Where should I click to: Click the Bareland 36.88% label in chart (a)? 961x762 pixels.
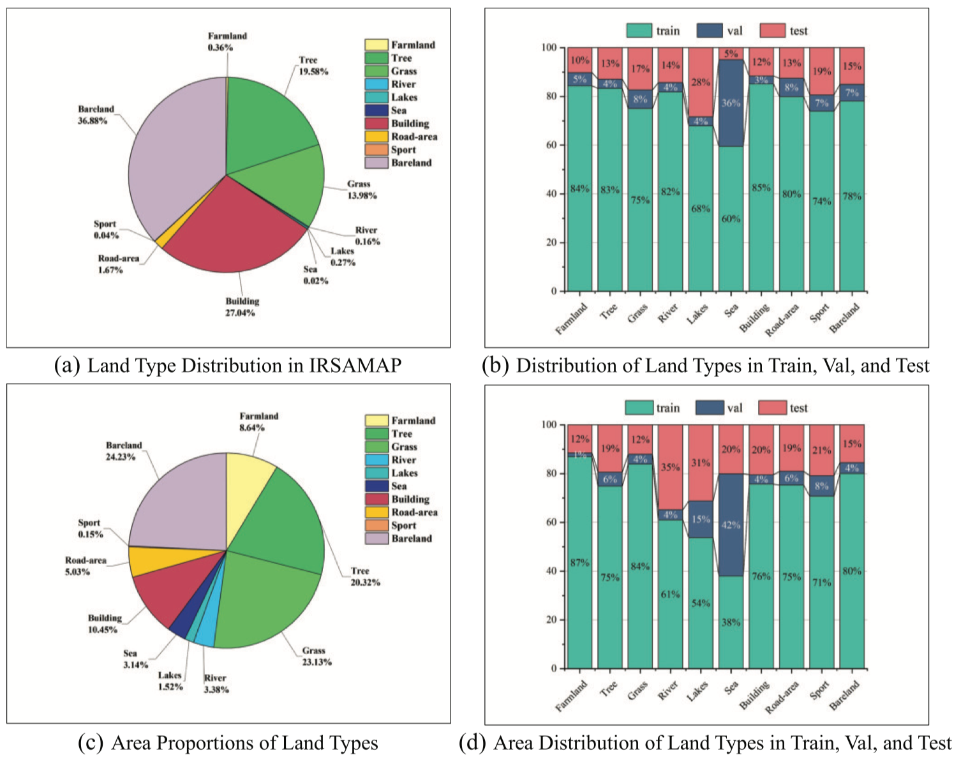tap(96, 115)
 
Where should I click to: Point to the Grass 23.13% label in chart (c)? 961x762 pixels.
tap(317, 657)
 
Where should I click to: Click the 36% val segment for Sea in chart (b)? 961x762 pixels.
tap(731, 103)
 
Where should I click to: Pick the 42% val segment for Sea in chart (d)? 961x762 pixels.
tap(731, 525)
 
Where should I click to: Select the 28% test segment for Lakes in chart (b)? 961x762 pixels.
tap(701, 82)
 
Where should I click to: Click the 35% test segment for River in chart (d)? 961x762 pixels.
tap(670, 467)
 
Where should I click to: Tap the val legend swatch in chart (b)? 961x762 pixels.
tap(710, 31)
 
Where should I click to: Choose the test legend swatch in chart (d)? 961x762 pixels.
tap(771, 408)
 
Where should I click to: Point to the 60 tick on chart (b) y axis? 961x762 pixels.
tap(549, 145)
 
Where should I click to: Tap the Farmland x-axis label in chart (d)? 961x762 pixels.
tap(571, 696)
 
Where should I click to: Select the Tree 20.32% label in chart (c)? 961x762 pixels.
tap(365, 577)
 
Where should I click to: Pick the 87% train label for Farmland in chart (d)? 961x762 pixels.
tap(579, 563)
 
